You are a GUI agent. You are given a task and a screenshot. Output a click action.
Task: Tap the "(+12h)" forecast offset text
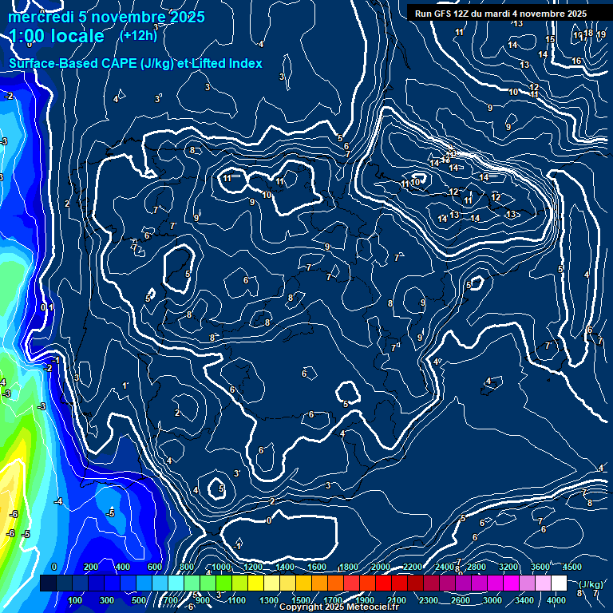(138, 35)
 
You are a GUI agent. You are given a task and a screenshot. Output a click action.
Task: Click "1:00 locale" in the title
(57, 36)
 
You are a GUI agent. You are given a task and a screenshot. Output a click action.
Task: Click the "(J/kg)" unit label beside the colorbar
(590, 584)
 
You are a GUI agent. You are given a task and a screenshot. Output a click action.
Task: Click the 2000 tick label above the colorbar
(382, 567)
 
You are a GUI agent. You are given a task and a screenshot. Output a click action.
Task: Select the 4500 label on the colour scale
(572, 567)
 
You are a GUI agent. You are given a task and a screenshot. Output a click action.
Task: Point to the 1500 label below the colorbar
(301, 600)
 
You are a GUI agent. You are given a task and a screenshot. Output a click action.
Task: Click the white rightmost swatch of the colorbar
(559, 583)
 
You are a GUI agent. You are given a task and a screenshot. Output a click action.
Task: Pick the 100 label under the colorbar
(76, 600)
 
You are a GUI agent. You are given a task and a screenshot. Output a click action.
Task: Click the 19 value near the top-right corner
(600, 34)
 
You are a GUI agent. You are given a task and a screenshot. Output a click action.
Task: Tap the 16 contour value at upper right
(576, 61)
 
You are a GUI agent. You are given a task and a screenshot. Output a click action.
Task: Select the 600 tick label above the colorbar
(155, 567)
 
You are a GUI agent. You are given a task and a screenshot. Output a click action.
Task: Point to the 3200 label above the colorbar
(508, 567)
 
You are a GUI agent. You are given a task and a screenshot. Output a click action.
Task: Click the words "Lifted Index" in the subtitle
(227, 64)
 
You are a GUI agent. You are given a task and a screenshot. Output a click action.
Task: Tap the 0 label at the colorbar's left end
(54, 567)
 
